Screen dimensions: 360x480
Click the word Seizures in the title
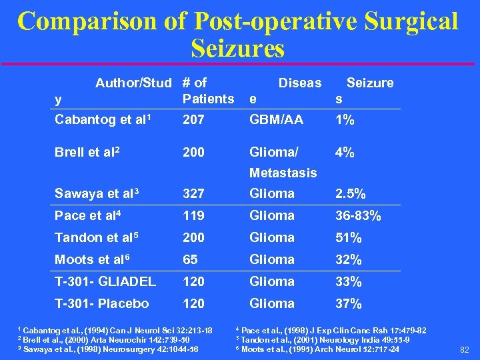click(x=237, y=48)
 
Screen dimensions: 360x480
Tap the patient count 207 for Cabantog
click(x=193, y=119)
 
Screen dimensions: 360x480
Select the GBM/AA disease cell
click(x=276, y=119)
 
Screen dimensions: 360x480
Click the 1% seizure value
click(x=345, y=120)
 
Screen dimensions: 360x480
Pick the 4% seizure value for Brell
click(x=345, y=153)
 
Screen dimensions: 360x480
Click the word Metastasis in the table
click(x=283, y=173)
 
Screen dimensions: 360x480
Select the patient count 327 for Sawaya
click(x=193, y=194)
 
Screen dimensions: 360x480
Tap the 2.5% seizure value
click(x=351, y=194)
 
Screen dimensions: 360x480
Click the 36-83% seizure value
click(x=359, y=216)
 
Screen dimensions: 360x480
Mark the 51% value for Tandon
click(x=348, y=238)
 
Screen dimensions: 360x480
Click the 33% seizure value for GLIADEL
click(x=348, y=282)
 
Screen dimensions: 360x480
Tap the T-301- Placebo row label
click(x=102, y=303)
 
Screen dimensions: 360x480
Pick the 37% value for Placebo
click(x=348, y=304)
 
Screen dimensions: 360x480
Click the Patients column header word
click(x=208, y=99)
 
